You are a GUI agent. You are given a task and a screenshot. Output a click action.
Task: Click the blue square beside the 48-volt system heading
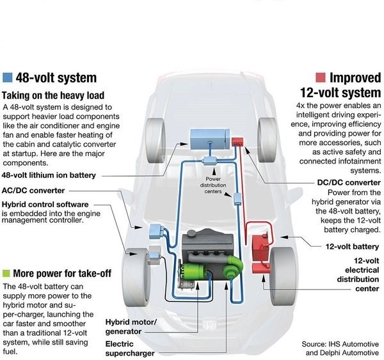(x=8, y=78)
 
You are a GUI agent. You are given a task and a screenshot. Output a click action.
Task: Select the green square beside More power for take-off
(x=7, y=273)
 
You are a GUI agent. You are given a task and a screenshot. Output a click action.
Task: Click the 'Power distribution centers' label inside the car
(x=215, y=185)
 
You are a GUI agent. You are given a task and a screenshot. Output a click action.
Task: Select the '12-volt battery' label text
(x=354, y=246)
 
